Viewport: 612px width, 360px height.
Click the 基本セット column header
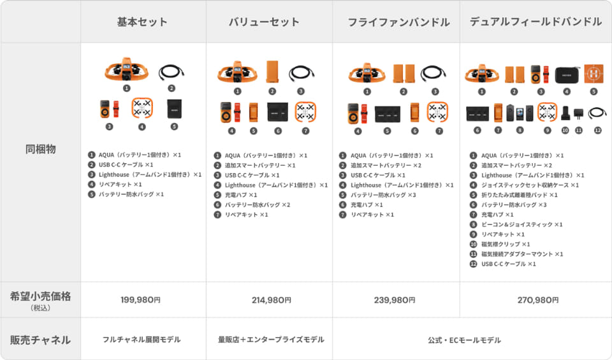click(x=142, y=22)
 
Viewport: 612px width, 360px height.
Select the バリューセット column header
click(x=264, y=22)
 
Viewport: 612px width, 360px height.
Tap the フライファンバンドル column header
click(x=398, y=22)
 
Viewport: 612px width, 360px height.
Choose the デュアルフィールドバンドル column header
click(x=535, y=22)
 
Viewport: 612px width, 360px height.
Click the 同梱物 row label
click(x=41, y=149)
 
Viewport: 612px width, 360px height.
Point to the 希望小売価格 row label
click(x=41, y=296)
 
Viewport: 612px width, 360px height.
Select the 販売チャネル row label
click(x=41, y=340)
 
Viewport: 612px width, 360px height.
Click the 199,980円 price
click(x=140, y=300)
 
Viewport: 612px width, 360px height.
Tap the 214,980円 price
click(x=272, y=300)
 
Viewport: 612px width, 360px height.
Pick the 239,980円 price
click(x=395, y=300)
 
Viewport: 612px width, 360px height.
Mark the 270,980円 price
click(x=538, y=300)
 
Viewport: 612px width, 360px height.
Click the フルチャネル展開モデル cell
click(x=142, y=340)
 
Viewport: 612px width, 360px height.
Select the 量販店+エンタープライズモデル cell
click(x=271, y=340)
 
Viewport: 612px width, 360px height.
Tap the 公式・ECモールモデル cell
click(x=464, y=340)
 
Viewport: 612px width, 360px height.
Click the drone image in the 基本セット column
click(x=126, y=70)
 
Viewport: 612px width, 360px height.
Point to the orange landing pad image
click(x=594, y=73)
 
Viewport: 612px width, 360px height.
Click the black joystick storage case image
click(x=567, y=75)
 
